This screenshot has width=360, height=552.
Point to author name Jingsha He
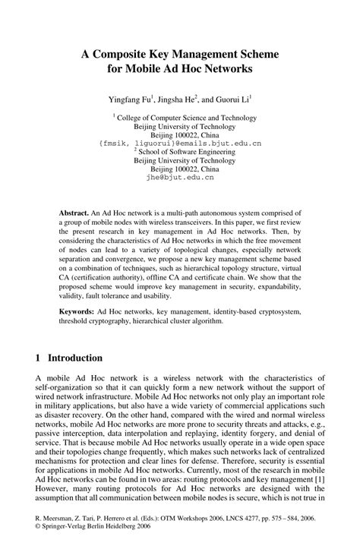click(177, 99)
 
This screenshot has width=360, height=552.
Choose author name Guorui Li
click(231, 99)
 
